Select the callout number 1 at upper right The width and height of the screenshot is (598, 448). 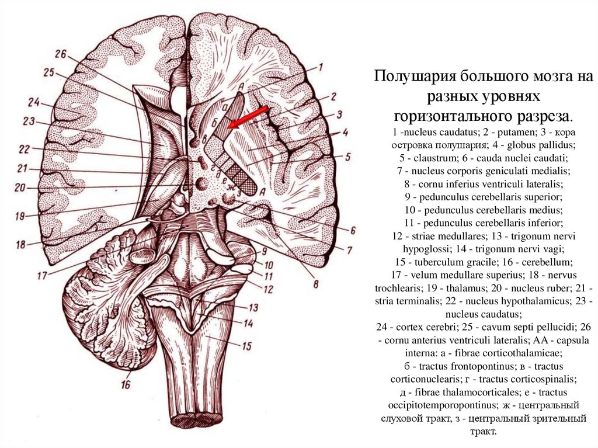321,67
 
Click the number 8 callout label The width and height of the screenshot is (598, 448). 316,284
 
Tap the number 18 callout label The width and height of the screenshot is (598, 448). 21,245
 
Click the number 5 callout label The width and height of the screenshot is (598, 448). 347,157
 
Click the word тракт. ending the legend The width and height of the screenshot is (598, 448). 482,432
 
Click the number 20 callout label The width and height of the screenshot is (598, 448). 20,188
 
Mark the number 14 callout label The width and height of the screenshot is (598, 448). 249,323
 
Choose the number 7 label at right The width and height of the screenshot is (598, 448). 349,251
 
